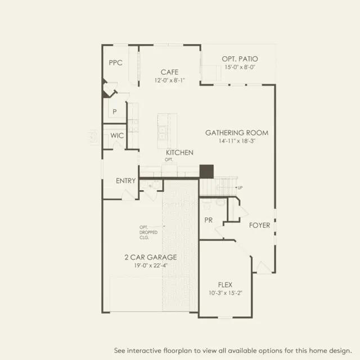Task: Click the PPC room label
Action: pyautogui.click(x=115, y=62)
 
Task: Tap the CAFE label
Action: pyautogui.click(x=169, y=72)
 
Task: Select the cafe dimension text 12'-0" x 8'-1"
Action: pyautogui.click(x=169, y=80)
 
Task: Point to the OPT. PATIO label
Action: pyautogui.click(x=240, y=59)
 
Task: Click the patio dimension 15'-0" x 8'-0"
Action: pyautogui.click(x=240, y=67)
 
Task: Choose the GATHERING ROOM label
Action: pyautogui.click(x=237, y=133)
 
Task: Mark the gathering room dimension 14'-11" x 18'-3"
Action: pyautogui.click(x=237, y=141)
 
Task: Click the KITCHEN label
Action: pyautogui.click(x=179, y=152)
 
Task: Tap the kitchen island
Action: pyautogui.click(x=167, y=131)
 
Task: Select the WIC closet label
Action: pyautogui.click(x=117, y=136)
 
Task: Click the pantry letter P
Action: pyautogui.click(x=115, y=111)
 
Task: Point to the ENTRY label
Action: pyautogui.click(x=126, y=181)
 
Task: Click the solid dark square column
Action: pyautogui.click(x=206, y=171)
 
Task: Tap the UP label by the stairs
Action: pyautogui.click(x=240, y=187)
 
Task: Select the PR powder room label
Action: pyautogui.click(x=209, y=220)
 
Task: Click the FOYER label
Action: pyautogui.click(x=260, y=225)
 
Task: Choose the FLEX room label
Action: pyautogui.click(x=225, y=285)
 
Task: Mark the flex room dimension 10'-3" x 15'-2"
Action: pyautogui.click(x=225, y=293)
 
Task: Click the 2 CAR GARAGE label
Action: pyautogui.click(x=151, y=257)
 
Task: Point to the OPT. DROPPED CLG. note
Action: pyautogui.click(x=148, y=232)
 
